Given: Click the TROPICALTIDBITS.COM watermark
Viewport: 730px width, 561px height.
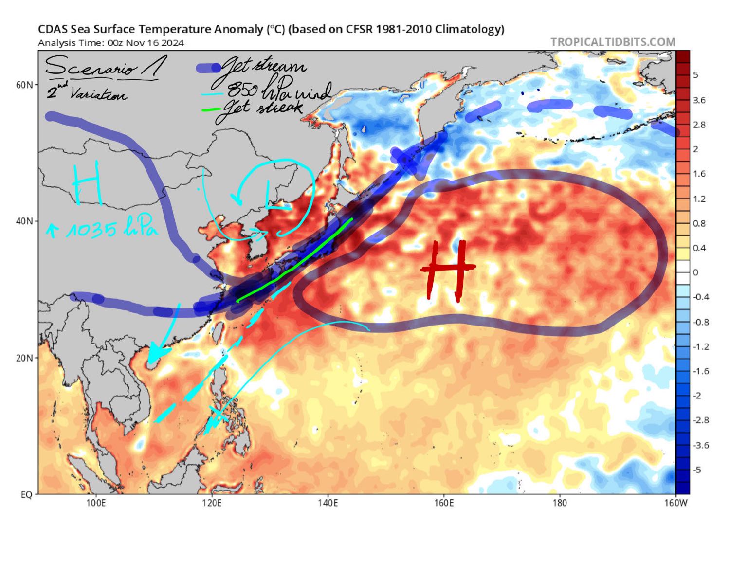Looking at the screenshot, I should (x=613, y=42).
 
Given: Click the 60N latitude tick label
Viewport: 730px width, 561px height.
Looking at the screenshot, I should (x=25, y=85).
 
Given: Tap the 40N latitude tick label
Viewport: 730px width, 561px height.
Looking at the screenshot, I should (x=25, y=221).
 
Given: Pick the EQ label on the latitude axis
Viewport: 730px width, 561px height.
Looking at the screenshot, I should (x=27, y=494).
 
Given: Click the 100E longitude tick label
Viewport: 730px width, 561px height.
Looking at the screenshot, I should (x=96, y=503).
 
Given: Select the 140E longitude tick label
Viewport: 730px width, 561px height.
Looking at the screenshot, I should (x=328, y=503).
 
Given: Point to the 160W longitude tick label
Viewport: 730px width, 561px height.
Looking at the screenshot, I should (x=675, y=503).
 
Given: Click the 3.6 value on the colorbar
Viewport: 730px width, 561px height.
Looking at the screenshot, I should (x=699, y=100).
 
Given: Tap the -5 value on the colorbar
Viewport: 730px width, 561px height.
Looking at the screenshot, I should (x=697, y=470).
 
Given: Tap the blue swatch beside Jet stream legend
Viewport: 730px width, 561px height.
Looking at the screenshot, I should (x=208, y=69).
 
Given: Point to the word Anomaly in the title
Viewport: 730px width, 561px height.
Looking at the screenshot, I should (x=238, y=29).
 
